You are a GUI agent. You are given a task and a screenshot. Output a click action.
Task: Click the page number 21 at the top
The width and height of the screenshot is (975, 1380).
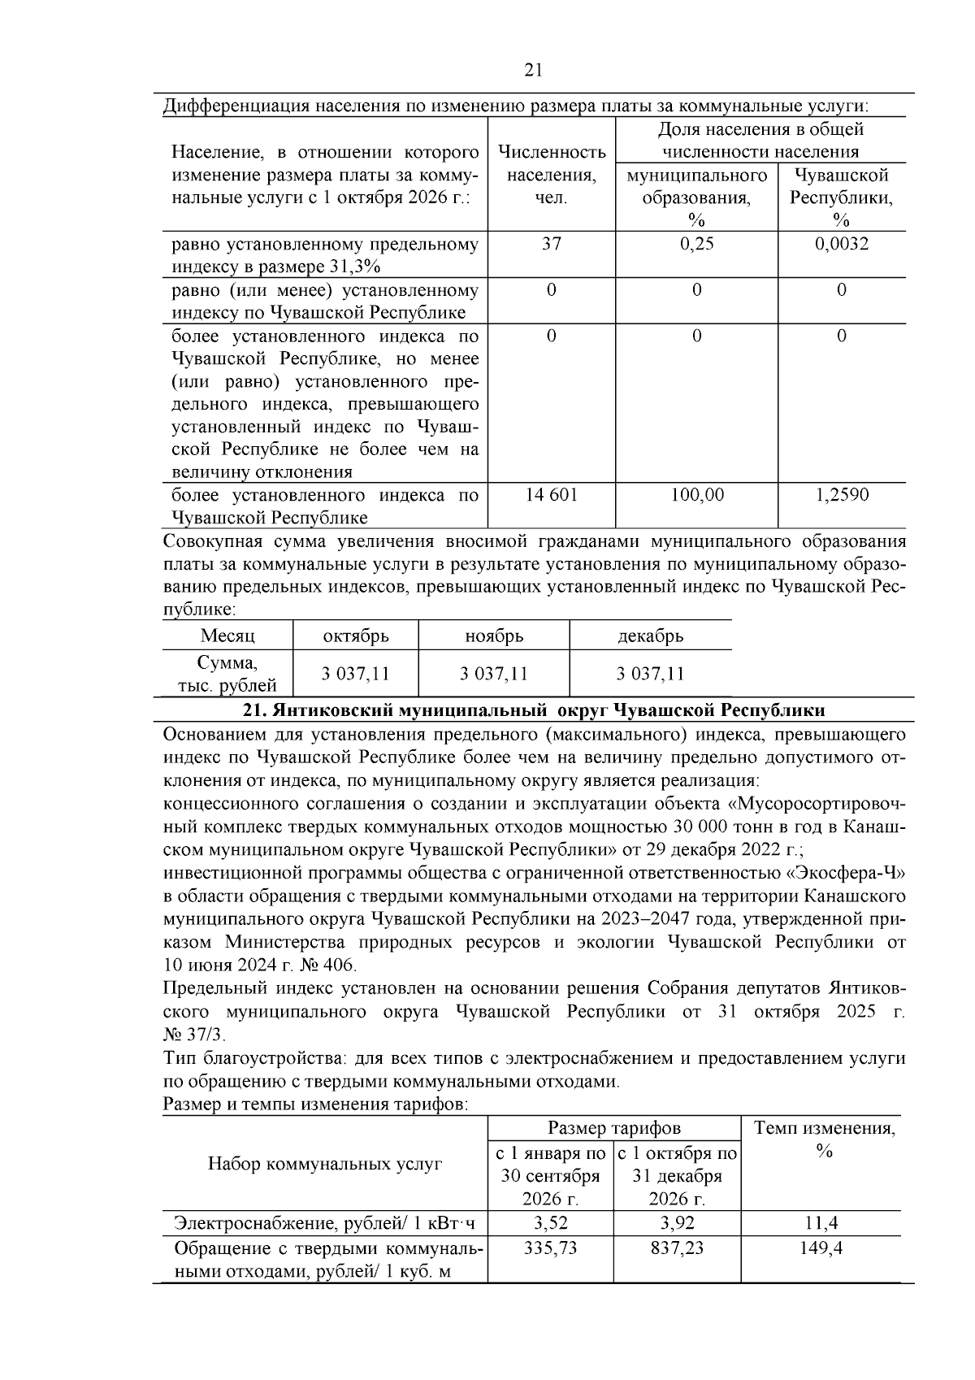533,70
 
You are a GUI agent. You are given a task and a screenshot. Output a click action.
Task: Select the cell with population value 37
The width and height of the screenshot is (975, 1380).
551,243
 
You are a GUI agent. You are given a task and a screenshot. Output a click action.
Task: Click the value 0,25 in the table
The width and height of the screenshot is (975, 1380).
696,243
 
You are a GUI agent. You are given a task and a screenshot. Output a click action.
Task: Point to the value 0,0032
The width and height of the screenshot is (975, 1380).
841,243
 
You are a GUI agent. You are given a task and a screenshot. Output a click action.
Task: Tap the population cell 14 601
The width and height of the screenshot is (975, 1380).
551,494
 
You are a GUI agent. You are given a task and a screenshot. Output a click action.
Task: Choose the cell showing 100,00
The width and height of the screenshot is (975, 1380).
696,494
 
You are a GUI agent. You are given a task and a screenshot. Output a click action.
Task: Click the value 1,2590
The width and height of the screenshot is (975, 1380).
841,494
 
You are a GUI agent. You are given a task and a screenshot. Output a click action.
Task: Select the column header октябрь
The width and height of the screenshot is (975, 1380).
356,636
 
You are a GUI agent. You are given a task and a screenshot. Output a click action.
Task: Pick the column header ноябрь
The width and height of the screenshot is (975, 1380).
494,636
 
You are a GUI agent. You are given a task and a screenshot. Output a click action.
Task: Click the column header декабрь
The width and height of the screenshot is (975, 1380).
650,636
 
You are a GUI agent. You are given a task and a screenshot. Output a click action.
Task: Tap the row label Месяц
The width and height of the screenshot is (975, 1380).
227,636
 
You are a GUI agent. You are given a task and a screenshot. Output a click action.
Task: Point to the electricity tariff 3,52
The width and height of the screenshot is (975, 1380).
551,1223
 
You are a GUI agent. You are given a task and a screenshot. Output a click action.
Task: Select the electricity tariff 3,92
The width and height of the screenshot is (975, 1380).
677,1223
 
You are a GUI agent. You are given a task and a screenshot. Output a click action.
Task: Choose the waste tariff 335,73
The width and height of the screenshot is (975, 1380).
551,1248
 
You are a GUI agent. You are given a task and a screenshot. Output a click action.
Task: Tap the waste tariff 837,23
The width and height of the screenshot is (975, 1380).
677,1248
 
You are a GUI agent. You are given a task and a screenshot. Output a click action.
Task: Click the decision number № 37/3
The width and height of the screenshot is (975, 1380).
196,1035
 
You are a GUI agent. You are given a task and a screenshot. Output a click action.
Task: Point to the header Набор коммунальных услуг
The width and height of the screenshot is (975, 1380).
325,1164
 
